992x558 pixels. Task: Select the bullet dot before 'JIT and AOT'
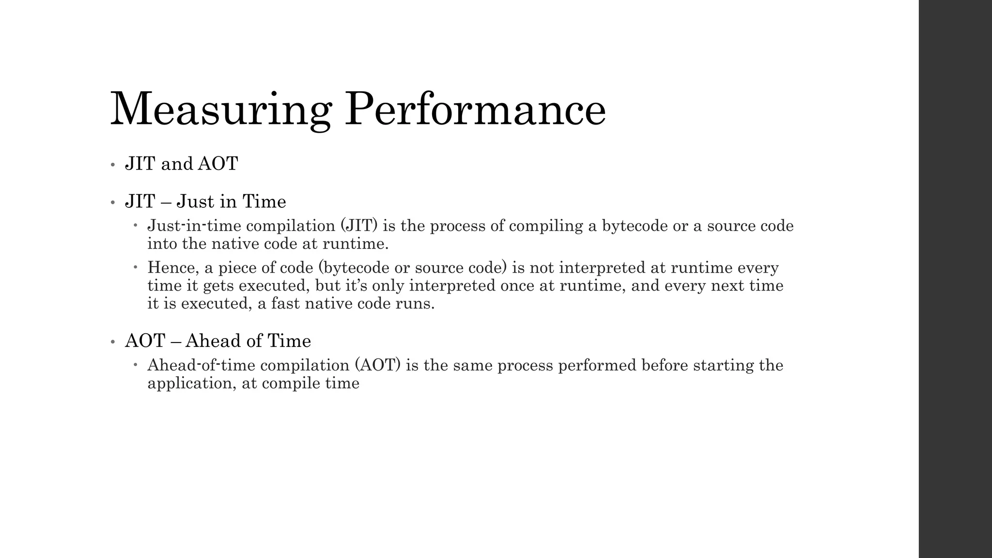pos(112,165)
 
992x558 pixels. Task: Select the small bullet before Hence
pos(136,266)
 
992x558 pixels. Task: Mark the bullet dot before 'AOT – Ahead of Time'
pos(112,342)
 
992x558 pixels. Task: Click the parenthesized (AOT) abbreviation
pos(378,365)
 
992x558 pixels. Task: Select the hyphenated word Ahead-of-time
pos(201,365)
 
